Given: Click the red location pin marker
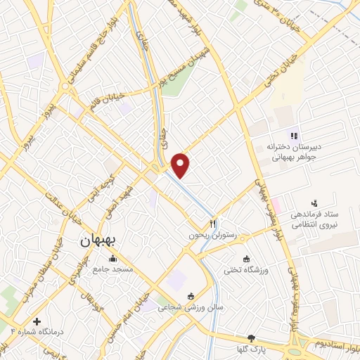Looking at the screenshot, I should coord(181,165).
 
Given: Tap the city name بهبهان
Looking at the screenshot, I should coord(101,240).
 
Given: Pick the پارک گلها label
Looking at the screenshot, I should coord(251,349).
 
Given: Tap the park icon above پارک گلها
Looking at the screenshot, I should coord(251,338).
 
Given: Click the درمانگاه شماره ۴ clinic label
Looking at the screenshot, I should coord(36,329).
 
